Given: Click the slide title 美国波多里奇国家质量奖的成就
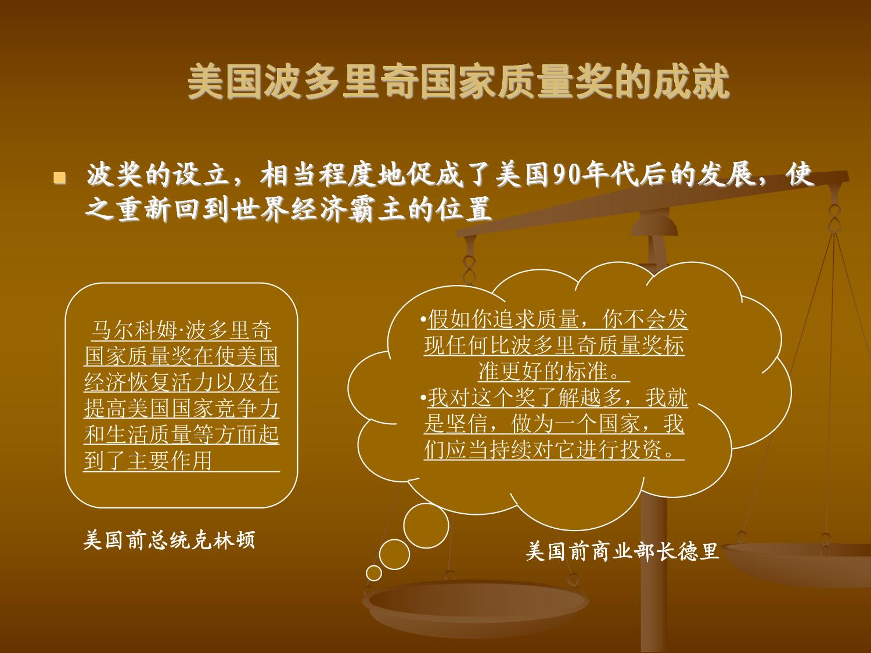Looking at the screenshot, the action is [459, 82].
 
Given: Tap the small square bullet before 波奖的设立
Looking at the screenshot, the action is [60, 178].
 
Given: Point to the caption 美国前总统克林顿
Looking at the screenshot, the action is [169, 540].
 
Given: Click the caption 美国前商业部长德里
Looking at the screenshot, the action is [622, 551].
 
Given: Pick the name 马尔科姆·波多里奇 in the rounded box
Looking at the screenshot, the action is [181, 330].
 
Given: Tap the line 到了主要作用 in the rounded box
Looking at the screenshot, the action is [147, 460].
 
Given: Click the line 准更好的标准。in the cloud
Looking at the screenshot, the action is [554, 371].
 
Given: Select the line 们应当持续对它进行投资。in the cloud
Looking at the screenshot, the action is [555, 450].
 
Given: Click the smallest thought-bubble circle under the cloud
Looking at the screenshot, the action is [373, 573].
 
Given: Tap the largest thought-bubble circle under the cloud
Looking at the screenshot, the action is [426, 526].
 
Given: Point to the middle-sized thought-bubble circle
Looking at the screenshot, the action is [394, 554].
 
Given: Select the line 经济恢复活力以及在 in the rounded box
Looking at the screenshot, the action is [181, 382].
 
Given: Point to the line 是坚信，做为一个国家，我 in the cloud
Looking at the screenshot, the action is [555, 424].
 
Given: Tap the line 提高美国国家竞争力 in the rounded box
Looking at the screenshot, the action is [181, 409].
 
